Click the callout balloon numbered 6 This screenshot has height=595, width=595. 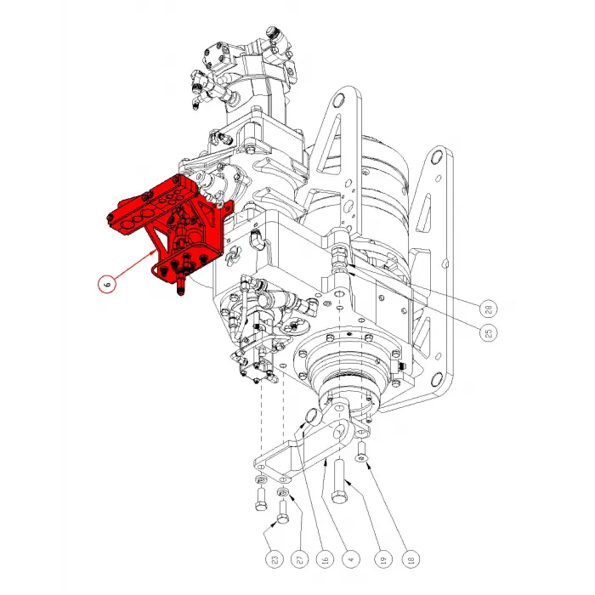(x=108, y=284)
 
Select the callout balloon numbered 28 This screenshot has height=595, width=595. (x=489, y=309)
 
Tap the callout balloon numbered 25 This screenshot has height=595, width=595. (x=489, y=333)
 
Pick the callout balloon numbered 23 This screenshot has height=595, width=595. (x=275, y=559)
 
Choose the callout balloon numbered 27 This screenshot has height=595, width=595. (x=300, y=559)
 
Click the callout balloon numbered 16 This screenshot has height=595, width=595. (x=326, y=559)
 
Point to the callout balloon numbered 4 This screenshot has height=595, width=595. (x=351, y=559)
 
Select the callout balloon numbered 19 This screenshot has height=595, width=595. (x=383, y=559)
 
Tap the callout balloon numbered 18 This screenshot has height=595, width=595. (x=411, y=559)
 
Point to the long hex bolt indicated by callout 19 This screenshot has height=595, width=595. (x=339, y=481)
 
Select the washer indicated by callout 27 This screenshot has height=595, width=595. (x=283, y=492)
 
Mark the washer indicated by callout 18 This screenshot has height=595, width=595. (x=361, y=459)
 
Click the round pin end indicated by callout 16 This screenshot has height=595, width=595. (x=314, y=416)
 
